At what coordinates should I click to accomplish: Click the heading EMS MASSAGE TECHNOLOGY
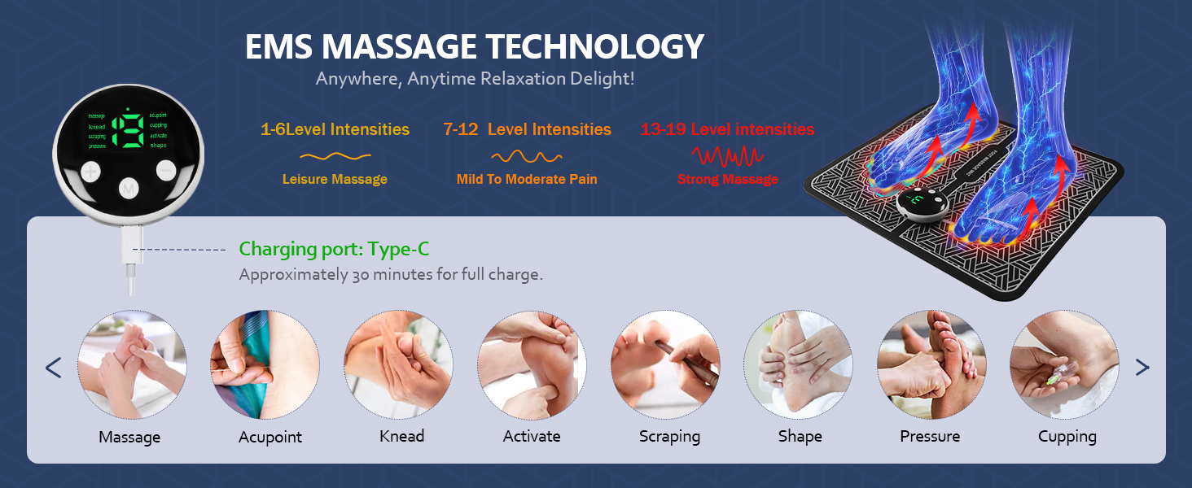(474, 47)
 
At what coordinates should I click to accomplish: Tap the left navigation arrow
(54, 368)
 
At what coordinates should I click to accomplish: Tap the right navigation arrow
(1142, 368)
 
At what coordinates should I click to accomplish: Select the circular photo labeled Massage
(132, 364)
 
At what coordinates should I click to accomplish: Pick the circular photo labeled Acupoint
(265, 364)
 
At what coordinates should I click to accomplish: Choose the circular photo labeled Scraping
(665, 364)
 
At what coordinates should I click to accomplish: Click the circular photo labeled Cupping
(1064, 364)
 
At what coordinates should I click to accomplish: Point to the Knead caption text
(402, 436)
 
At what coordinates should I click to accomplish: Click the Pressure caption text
(930, 436)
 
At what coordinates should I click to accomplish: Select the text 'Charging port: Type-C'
(334, 249)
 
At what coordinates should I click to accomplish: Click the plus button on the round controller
(90, 172)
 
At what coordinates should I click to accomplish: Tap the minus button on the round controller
(166, 170)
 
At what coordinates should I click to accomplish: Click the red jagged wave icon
(727, 155)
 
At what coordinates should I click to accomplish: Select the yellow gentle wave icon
(335, 155)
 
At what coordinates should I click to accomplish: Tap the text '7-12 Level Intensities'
(527, 129)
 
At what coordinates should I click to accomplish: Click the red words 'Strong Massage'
(727, 179)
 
